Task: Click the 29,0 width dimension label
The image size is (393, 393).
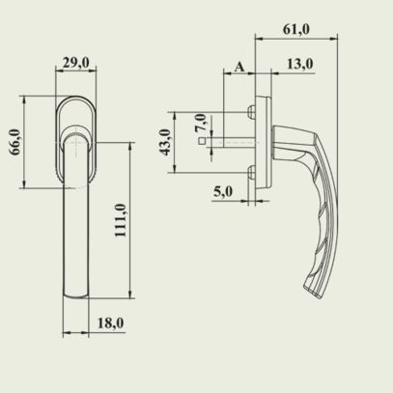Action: coord(76,62)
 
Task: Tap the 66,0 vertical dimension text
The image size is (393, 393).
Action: coord(14,142)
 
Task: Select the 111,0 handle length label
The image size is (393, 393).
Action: coord(121,220)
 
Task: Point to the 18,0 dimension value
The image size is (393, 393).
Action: coord(110,323)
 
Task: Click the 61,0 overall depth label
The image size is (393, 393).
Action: coord(296,29)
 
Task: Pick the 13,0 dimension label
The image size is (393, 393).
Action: coord(299,64)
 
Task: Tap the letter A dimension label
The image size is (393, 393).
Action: coord(239,67)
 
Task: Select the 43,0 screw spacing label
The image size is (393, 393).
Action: coord(165,142)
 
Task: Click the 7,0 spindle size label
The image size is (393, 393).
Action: coord(201,123)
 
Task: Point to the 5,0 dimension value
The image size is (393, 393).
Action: coord(223,191)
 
